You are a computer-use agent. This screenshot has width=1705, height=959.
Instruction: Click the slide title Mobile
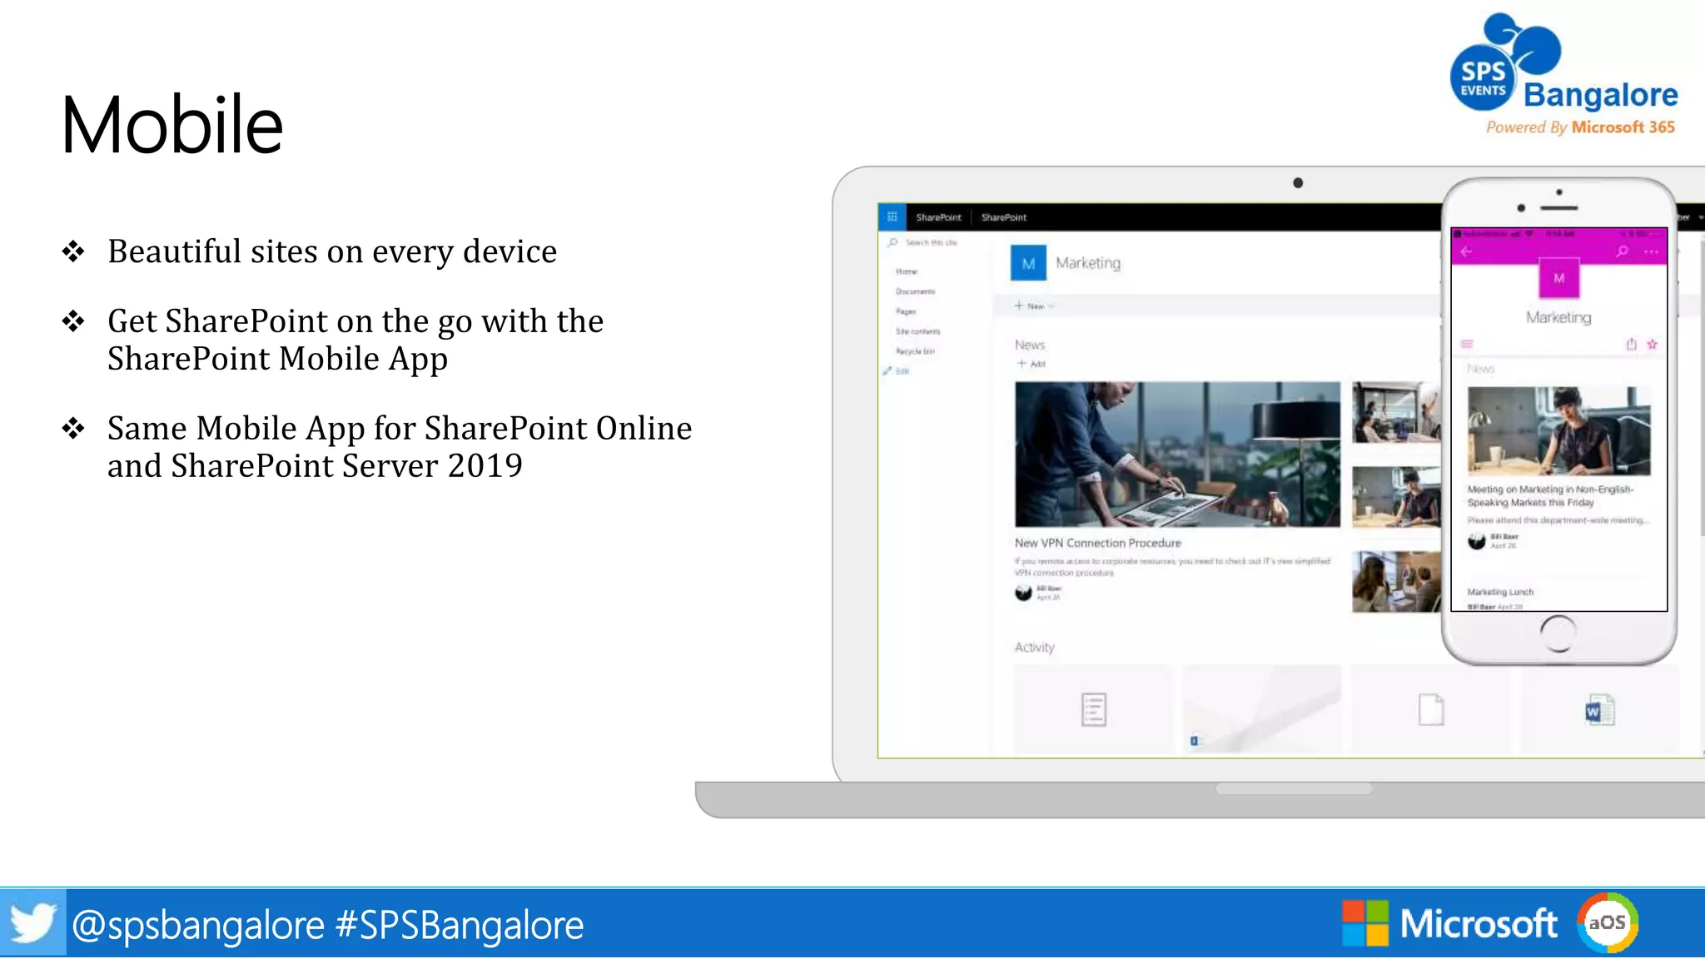tap(172, 125)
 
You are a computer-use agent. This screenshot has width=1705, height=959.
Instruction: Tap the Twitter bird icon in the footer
tap(32, 923)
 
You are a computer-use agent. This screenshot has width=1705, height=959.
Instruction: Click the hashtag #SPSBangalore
tap(459, 925)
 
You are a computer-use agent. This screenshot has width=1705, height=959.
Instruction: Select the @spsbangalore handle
tap(198, 925)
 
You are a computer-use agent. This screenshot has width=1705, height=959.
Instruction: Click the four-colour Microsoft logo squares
tap(1364, 923)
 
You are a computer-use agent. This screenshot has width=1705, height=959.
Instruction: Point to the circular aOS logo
tap(1607, 922)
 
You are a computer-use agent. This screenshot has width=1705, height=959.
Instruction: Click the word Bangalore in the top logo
tap(1600, 95)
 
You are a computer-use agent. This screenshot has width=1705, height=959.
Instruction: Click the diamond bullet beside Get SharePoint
tap(73, 321)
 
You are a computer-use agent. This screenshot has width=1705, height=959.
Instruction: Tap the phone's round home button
tap(1558, 634)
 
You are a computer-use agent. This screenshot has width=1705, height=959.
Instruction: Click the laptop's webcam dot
tap(1297, 183)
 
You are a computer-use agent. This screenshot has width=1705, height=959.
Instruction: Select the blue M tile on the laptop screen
tap(1028, 263)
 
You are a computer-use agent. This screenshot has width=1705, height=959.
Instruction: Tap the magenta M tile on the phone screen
tap(1558, 278)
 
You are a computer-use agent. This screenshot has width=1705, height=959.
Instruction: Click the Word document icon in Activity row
tap(1598, 711)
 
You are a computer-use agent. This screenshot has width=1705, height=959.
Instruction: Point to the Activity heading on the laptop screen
tap(1034, 648)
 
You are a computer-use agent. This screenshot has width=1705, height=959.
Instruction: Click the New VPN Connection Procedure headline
tap(1097, 543)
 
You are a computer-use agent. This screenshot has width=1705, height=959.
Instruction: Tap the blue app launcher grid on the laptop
tap(892, 217)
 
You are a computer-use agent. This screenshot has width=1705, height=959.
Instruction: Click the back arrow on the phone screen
tap(1467, 251)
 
